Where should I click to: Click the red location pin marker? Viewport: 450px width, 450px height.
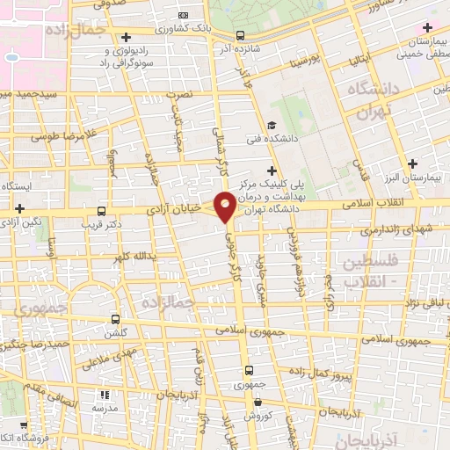pos(226,207)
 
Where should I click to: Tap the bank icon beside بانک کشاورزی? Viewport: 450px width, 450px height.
pos(183,15)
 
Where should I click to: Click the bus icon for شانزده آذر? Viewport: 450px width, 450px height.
pos(241,36)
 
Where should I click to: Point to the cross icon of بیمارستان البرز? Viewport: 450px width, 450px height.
pos(413,163)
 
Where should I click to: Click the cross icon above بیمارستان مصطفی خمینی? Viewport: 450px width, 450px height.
pos(427,27)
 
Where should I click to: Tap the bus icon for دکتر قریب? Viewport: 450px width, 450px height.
pos(102,211)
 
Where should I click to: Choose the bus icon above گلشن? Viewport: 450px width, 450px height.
pos(115,320)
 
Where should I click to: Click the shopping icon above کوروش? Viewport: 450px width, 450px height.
pos(257,401)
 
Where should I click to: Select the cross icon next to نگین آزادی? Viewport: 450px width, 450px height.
pos(19,209)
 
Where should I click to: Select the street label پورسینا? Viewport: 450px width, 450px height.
pos(294,64)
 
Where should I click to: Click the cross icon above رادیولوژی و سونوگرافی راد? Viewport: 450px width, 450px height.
pos(127,37)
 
